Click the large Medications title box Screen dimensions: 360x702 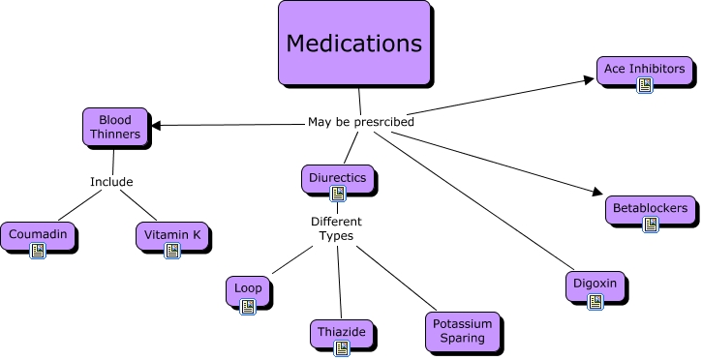click(353, 43)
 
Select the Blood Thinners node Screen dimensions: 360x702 click(114, 127)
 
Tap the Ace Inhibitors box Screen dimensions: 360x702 click(644, 70)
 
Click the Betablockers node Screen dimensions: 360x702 click(650, 208)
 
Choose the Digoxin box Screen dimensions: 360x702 click(595, 285)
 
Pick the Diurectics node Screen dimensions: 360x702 click(337, 179)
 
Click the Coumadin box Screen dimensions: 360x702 click(37, 234)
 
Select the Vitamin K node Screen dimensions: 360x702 click(172, 234)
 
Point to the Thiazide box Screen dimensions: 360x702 click(341, 332)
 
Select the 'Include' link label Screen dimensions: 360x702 click(111, 181)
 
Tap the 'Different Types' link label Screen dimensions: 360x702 click(336, 228)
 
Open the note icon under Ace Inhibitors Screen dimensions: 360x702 click(644, 85)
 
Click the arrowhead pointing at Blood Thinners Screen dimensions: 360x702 click(157, 125)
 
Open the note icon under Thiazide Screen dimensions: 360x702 click(341, 347)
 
